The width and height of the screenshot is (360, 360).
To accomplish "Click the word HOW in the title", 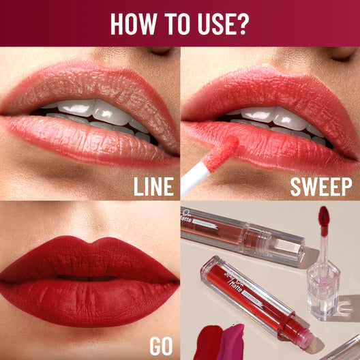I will (x=134, y=23).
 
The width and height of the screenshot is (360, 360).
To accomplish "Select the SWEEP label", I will (x=321, y=185).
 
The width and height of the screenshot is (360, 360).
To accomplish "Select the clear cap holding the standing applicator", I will (x=322, y=280).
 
